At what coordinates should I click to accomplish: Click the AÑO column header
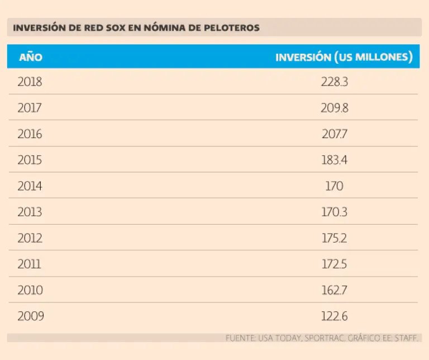pyautogui.click(x=31, y=57)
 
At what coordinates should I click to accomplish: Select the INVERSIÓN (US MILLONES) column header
pyautogui.click(x=344, y=57)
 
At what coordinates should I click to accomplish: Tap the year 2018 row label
pyautogui.click(x=30, y=82)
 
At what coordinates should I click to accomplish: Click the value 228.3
pyautogui.click(x=335, y=82)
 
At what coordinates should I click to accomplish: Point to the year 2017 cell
pyautogui.click(x=30, y=108)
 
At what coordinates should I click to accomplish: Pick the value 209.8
pyautogui.click(x=335, y=108)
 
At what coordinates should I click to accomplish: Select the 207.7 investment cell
pyautogui.click(x=335, y=134)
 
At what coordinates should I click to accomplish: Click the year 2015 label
pyautogui.click(x=30, y=160)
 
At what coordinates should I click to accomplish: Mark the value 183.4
pyautogui.click(x=335, y=160)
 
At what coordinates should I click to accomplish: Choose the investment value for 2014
pyautogui.click(x=334, y=186)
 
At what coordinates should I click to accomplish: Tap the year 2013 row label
pyautogui.click(x=30, y=212)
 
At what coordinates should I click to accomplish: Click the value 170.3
pyautogui.click(x=335, y=212)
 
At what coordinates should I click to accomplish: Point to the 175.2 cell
pyautogui.click(x=335, y=238)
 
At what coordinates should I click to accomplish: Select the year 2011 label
pyautogui.click(x=30, y=264)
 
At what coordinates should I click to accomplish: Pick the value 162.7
pyautogui.click(x=335, y=291)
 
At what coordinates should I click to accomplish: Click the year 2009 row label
pyautogui.click(x=31, y=316)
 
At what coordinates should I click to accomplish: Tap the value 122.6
pyautogui.click(x=335, y=316)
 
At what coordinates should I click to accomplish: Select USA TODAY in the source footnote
pyautogui.click(x=279, y=338)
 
